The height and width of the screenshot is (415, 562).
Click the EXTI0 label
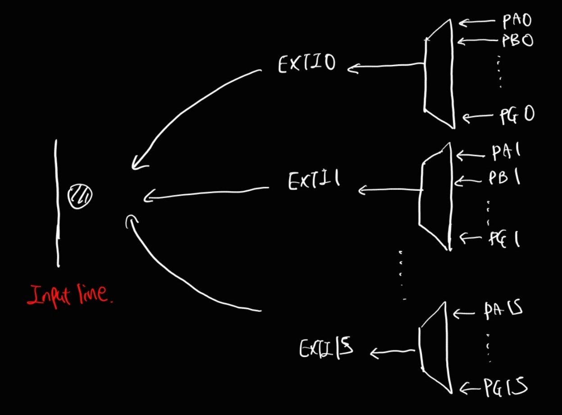click(x=307, y=63)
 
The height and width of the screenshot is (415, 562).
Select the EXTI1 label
click(x=314, y=180)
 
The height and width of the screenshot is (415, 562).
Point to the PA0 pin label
click(x=517, y=21)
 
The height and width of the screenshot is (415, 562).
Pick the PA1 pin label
click(x=506, y=152)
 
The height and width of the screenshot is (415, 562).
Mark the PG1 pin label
click(x=504, y=239)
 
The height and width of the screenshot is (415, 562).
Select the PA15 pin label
click(x=503, y=311)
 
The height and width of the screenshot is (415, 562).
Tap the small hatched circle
click(x=80, y=196)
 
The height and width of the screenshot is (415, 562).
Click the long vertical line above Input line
click(x=57, y=203)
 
